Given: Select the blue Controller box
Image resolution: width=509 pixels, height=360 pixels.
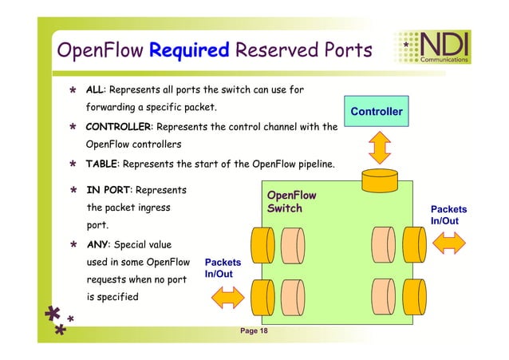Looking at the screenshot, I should (376, 112).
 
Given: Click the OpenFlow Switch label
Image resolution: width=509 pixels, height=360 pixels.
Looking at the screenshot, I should (291, 202).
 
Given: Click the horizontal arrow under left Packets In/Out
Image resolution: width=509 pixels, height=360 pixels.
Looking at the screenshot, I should (227, 296).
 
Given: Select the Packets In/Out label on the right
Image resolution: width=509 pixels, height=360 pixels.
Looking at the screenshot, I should (448, 215).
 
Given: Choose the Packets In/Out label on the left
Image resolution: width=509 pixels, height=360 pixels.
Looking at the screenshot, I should (223, 267).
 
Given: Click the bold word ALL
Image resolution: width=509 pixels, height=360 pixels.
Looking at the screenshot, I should (96, 89).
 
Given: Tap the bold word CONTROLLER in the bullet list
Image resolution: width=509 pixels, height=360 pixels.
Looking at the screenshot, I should (119, 127).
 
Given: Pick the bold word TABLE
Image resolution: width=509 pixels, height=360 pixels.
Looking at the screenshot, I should (101, 164).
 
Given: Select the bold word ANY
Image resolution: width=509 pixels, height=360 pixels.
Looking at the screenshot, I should (98, 244).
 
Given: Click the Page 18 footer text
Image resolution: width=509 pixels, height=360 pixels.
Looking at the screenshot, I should (254, 330).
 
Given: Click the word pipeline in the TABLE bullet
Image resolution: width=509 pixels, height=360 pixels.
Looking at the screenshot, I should (310, 164).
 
